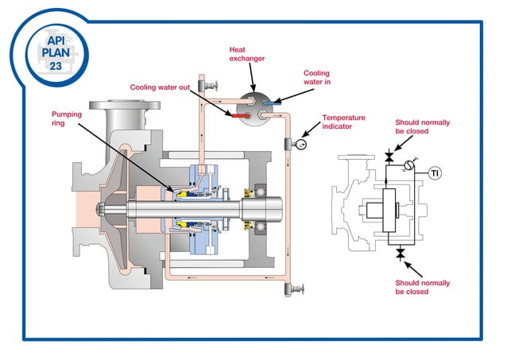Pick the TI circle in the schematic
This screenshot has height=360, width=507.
pyautogui.click(x=435, y=172)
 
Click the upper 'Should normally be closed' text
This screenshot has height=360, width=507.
pyautogui.click(x=422, y=128)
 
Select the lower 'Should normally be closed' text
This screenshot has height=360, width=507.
pyautogui.click(x=422, y=287)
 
